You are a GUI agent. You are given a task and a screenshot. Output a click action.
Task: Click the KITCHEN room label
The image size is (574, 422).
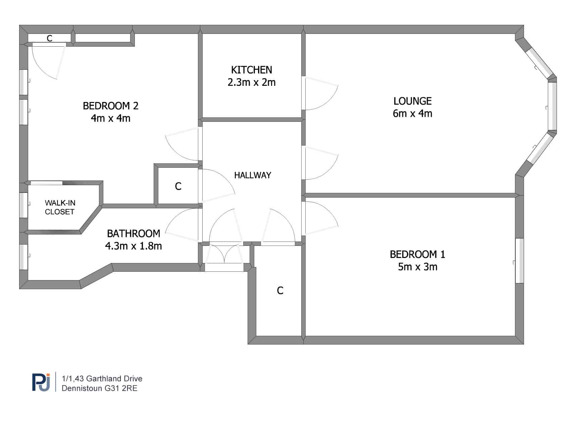(x=251, y=70)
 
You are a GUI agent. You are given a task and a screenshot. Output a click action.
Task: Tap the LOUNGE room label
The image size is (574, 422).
(x=412, y=101)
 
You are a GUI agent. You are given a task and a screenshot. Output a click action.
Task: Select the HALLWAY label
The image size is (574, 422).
(x=252, y=175)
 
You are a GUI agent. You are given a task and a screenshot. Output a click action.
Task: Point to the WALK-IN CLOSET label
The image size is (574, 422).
(x=60, y=207)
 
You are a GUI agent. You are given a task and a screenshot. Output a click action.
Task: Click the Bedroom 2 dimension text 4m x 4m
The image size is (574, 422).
(x=110, y=118)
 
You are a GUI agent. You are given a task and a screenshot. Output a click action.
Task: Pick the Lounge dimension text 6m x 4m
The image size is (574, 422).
(x=412, y=113)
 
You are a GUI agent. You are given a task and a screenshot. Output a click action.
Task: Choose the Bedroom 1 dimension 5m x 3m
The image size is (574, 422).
(x=417, y=267)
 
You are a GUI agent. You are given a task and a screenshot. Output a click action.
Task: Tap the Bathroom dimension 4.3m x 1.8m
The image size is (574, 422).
(x=133, y=246)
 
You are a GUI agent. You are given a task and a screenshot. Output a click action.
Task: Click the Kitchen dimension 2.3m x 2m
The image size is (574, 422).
(x=251, y=82)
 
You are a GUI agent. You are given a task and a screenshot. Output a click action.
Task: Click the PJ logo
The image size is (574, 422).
(x=41, y=382)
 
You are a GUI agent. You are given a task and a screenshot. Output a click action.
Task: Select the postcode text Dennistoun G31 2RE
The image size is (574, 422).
(x=99, y=388)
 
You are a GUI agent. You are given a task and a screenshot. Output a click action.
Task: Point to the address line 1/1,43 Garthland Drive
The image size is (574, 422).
(x=102, y=378)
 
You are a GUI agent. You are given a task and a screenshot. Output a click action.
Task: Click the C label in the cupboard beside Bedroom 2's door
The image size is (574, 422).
(x=178, y=186)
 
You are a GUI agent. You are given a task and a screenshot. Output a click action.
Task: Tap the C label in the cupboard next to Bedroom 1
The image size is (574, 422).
(x=280, y=291)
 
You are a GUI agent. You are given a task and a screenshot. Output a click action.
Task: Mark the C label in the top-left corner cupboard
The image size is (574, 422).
(x=49, y=39)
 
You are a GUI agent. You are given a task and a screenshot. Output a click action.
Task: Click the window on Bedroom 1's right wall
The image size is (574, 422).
(x=519, y=261)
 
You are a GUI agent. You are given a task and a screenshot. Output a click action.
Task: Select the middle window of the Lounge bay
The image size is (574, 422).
(x=553, y=107)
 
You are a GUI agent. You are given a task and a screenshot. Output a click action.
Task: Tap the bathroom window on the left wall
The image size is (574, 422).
(x=23, y=257)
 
